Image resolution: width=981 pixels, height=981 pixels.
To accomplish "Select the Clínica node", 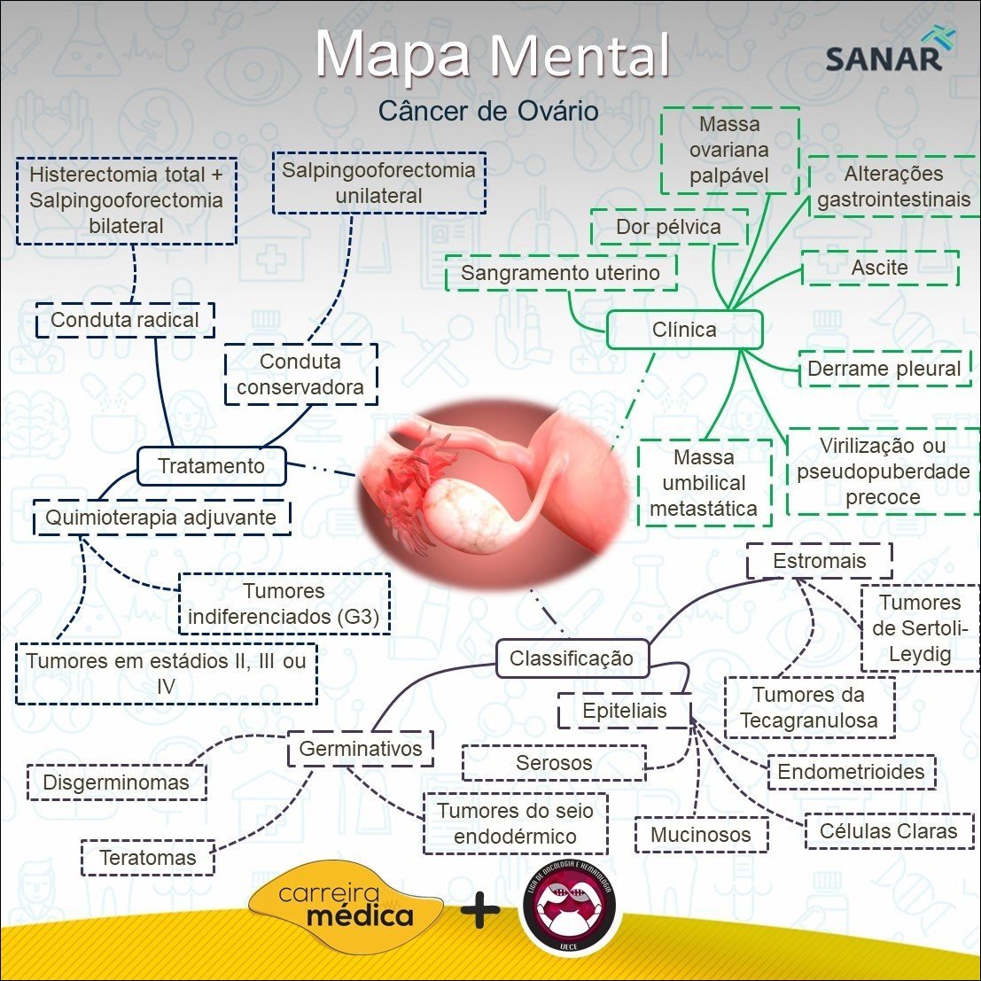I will click(x=684, y=330).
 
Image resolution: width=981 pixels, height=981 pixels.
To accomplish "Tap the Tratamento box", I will click(x=212, y=466).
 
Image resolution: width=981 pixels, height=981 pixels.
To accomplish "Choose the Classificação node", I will click(x=572, y=658).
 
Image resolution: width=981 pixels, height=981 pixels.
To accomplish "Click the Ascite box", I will click(x=880, y=268).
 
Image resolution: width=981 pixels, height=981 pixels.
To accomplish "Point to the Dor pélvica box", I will click(x=669, y=227).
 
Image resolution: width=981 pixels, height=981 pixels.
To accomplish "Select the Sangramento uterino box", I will click(x=560, y=273).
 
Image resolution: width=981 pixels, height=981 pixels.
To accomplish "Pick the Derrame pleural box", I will click(x=884, y=369).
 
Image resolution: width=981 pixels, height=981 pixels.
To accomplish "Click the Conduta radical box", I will click(x=125, y=320).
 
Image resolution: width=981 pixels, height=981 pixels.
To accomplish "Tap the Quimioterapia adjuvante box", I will click(x=161, y=517).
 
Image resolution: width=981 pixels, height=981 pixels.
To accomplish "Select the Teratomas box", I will click(x=147, y=857).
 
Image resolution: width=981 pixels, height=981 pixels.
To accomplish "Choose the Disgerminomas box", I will click(x=116, y=782).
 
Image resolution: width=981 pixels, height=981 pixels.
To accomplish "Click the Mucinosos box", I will click(x=701, y=834).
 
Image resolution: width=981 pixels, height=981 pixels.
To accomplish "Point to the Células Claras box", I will click(x=889, y=830).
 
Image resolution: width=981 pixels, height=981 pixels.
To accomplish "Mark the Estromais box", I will click(x=819, y=561).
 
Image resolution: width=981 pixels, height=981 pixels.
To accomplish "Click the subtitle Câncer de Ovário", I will click(x=488, y=111).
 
